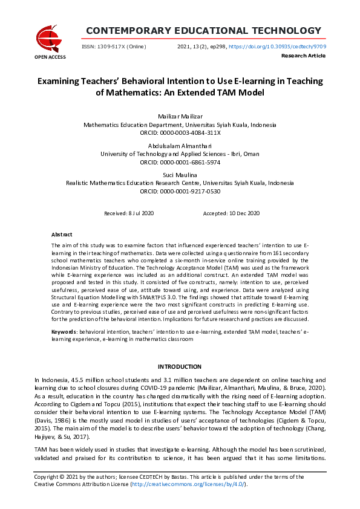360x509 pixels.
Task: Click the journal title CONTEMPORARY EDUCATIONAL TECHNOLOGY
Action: tap(203, 31)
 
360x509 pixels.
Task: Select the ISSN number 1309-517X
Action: tap(112, 47)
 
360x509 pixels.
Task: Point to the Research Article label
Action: tap(303, 56)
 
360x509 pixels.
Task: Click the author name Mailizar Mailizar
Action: tap(180, 115)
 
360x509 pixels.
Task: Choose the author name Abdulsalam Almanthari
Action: tap(180, 146)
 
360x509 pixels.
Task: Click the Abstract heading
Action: tap(62, 235)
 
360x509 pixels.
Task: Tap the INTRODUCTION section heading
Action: tap(180, 366)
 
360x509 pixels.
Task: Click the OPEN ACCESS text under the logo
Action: tap(50, 57)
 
